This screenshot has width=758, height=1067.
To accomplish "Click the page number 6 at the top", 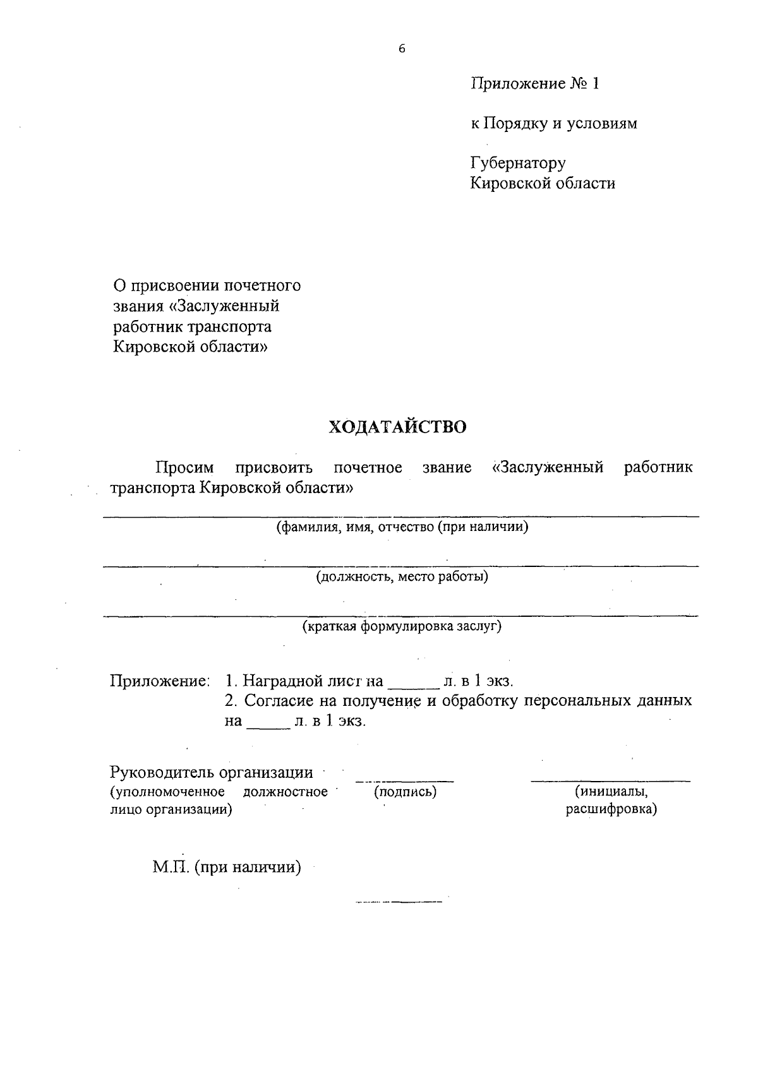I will (401, 49).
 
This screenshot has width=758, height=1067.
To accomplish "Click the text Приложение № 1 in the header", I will (534, 83).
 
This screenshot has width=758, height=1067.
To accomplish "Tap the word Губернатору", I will (518, 164).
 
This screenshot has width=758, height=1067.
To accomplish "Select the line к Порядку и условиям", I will (554, 124).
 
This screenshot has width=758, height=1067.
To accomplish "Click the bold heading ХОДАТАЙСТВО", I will (397, 427).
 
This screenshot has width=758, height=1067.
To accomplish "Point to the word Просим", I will (185, 468).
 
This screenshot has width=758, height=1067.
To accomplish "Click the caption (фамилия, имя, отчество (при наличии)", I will (402, 527).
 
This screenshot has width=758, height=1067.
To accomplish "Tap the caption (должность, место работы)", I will (402, 577).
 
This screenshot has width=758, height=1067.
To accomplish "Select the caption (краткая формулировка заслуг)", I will (402, 627).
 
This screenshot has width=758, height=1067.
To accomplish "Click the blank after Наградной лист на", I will (412, 684).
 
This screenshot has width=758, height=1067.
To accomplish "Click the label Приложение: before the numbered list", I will (159, 682).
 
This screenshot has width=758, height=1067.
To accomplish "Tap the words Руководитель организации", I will (211, 773).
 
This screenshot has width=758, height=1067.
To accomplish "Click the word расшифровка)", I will (611, 809).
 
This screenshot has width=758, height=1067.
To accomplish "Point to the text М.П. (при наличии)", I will (227, 868).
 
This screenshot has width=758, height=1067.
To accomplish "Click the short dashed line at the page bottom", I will (399, 902).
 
